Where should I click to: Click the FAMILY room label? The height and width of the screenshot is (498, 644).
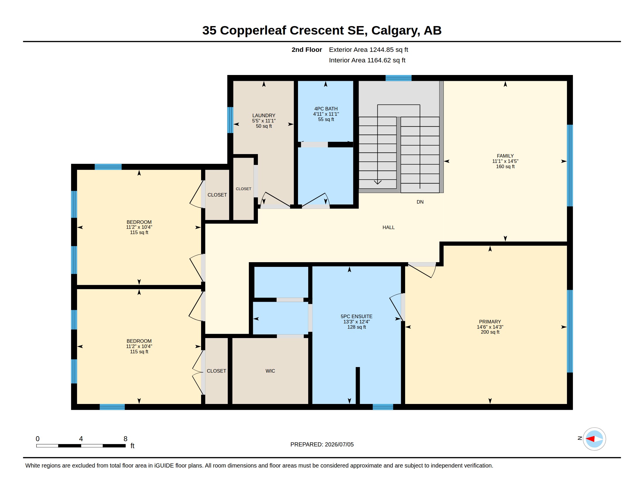[x=505, y=156]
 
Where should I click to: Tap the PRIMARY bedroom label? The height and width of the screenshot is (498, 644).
[x=490, y=322]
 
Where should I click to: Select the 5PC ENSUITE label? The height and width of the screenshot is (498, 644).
[x=357, y=316]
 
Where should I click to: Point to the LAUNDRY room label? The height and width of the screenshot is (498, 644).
[x=264, y=115]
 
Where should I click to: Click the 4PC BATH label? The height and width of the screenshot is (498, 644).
[x=326, y=109]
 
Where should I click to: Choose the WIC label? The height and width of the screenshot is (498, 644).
[x=270, y=371]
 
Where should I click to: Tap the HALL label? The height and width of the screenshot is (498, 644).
[x=388, y=227]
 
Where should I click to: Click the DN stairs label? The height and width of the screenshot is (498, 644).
[x=420, y=202]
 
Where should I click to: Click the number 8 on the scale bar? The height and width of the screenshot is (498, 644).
[x=125, y=439]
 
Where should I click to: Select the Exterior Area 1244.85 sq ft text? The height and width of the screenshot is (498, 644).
[x=368, y=50]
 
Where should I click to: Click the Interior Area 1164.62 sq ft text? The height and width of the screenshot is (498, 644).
[x=367, y=60]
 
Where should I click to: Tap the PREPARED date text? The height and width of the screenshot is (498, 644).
[x=322, y=444]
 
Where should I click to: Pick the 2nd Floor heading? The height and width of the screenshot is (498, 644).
[x=307, y=50]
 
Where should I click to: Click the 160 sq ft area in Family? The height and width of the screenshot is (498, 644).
[x=505, y=166]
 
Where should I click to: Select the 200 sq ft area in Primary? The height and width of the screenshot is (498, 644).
[x=490, y=332]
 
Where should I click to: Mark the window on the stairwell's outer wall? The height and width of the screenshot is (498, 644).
[x=398, y=78]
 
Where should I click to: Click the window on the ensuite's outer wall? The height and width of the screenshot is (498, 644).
[x=383, y=407]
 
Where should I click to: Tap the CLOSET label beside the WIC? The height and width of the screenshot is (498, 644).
[x=216, y=371]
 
